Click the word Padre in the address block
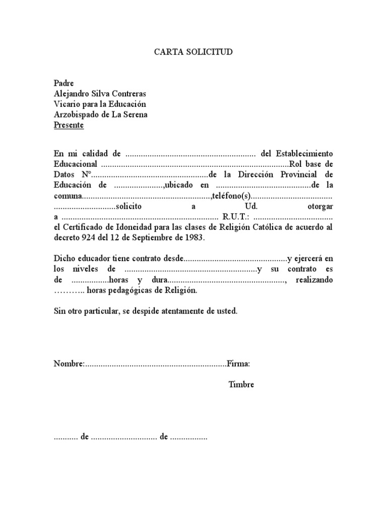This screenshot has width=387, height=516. point(64,83)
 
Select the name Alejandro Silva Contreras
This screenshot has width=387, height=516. point(101,94)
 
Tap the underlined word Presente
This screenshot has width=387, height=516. point(69,125)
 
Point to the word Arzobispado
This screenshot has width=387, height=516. point(75,114)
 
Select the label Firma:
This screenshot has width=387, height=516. point(238,364)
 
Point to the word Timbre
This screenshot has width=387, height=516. point(241,384)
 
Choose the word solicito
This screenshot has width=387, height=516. point(128,207)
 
